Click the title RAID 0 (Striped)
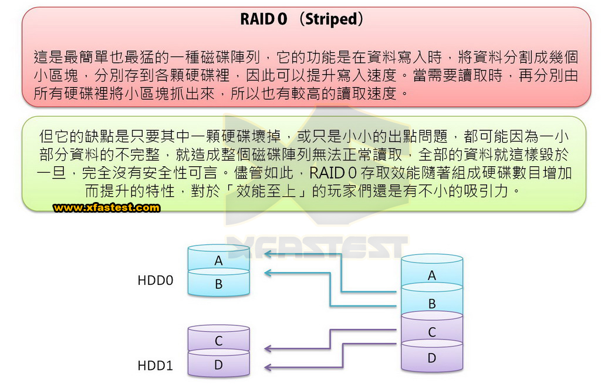click(302, 19)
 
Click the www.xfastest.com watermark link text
click(107, 207)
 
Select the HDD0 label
click(155, 280)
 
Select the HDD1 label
click(155, 365)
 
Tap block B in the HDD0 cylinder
click(218, 284)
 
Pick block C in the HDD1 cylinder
click(218, 340)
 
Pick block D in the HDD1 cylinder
click(218, 364)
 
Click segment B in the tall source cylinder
click(432, 303)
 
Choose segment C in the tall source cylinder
click(432, 331)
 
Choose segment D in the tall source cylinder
click(432, 358)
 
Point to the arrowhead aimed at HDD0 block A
click(268, 254)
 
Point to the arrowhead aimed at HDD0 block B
click(268, 273)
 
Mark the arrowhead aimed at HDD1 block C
click(268, 348)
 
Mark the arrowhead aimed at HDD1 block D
click(268, 367)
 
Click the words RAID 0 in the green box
click(333, 173)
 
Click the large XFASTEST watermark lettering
click(318, 248)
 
